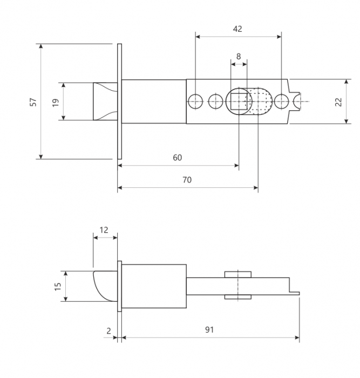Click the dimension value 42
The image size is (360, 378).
pos(237,29)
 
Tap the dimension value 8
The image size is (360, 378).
pos(239,56)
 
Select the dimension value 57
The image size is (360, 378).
pos(33,102)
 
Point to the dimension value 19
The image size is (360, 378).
pos(56,103)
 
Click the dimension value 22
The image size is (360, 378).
pos(338,102)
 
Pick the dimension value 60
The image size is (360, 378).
pos(178,158)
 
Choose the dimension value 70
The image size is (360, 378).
pos(187,180)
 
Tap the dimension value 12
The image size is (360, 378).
pos(104,230)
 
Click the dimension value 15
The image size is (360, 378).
pos(58,286)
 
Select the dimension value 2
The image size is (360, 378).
pos(108,331)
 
